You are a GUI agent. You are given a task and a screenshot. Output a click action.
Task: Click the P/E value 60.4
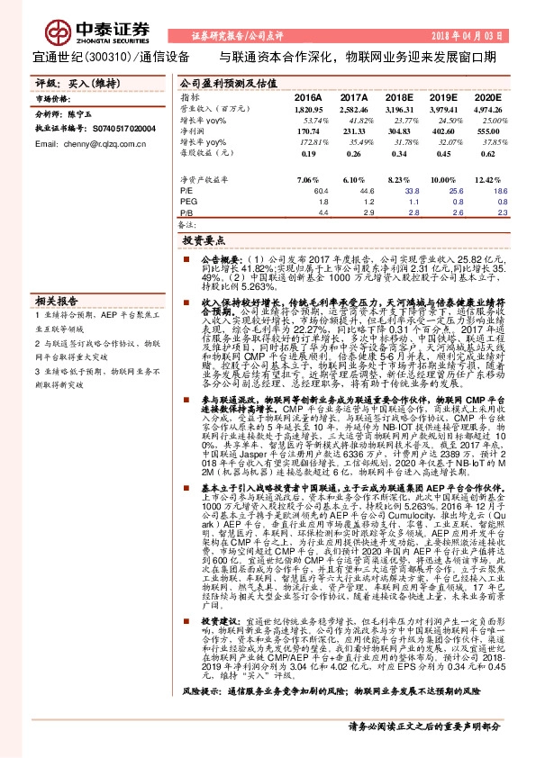pyautogui.click(x=314, y=191)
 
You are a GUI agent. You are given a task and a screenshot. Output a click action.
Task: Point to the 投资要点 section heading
pyautogui.click(x=203, y=242)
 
